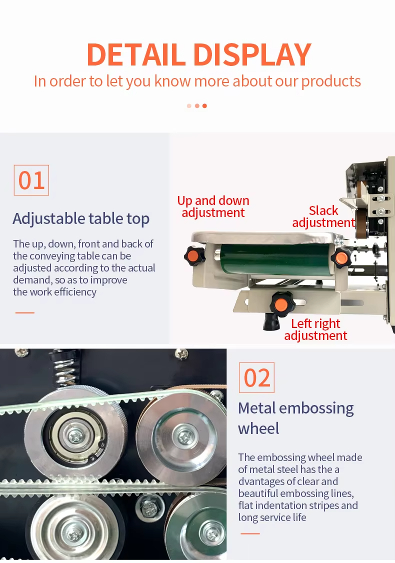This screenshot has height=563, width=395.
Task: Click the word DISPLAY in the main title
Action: [x=252, y=54]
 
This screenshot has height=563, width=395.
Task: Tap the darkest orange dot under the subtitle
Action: [x=204, y=106]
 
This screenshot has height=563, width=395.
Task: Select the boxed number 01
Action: [x=31, y=180]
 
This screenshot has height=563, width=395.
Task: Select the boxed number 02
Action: [x=257, y=377]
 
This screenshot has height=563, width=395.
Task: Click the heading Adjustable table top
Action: [x=81, y=218]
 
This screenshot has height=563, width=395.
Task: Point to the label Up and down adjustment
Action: [x=213, y=206]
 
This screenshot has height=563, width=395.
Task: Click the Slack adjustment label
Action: [x=323, y=216]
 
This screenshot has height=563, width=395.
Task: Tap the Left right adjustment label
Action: [x=315, y=329]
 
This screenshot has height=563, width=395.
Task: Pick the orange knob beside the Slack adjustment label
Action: [x=341, y=258]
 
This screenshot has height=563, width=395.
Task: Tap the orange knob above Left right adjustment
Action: [x=281, y=304]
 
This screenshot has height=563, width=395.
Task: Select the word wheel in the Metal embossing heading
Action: [x=258, y=428]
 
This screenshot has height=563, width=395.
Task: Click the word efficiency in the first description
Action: [x=75, y=292]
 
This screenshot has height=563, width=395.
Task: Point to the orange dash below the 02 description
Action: [x=250, y=533]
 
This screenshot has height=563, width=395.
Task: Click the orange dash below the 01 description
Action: [x=25, y=312]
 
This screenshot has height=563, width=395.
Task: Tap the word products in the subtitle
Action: [x=331, y=81]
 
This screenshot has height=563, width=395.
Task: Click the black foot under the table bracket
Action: [x=271, y=322]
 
